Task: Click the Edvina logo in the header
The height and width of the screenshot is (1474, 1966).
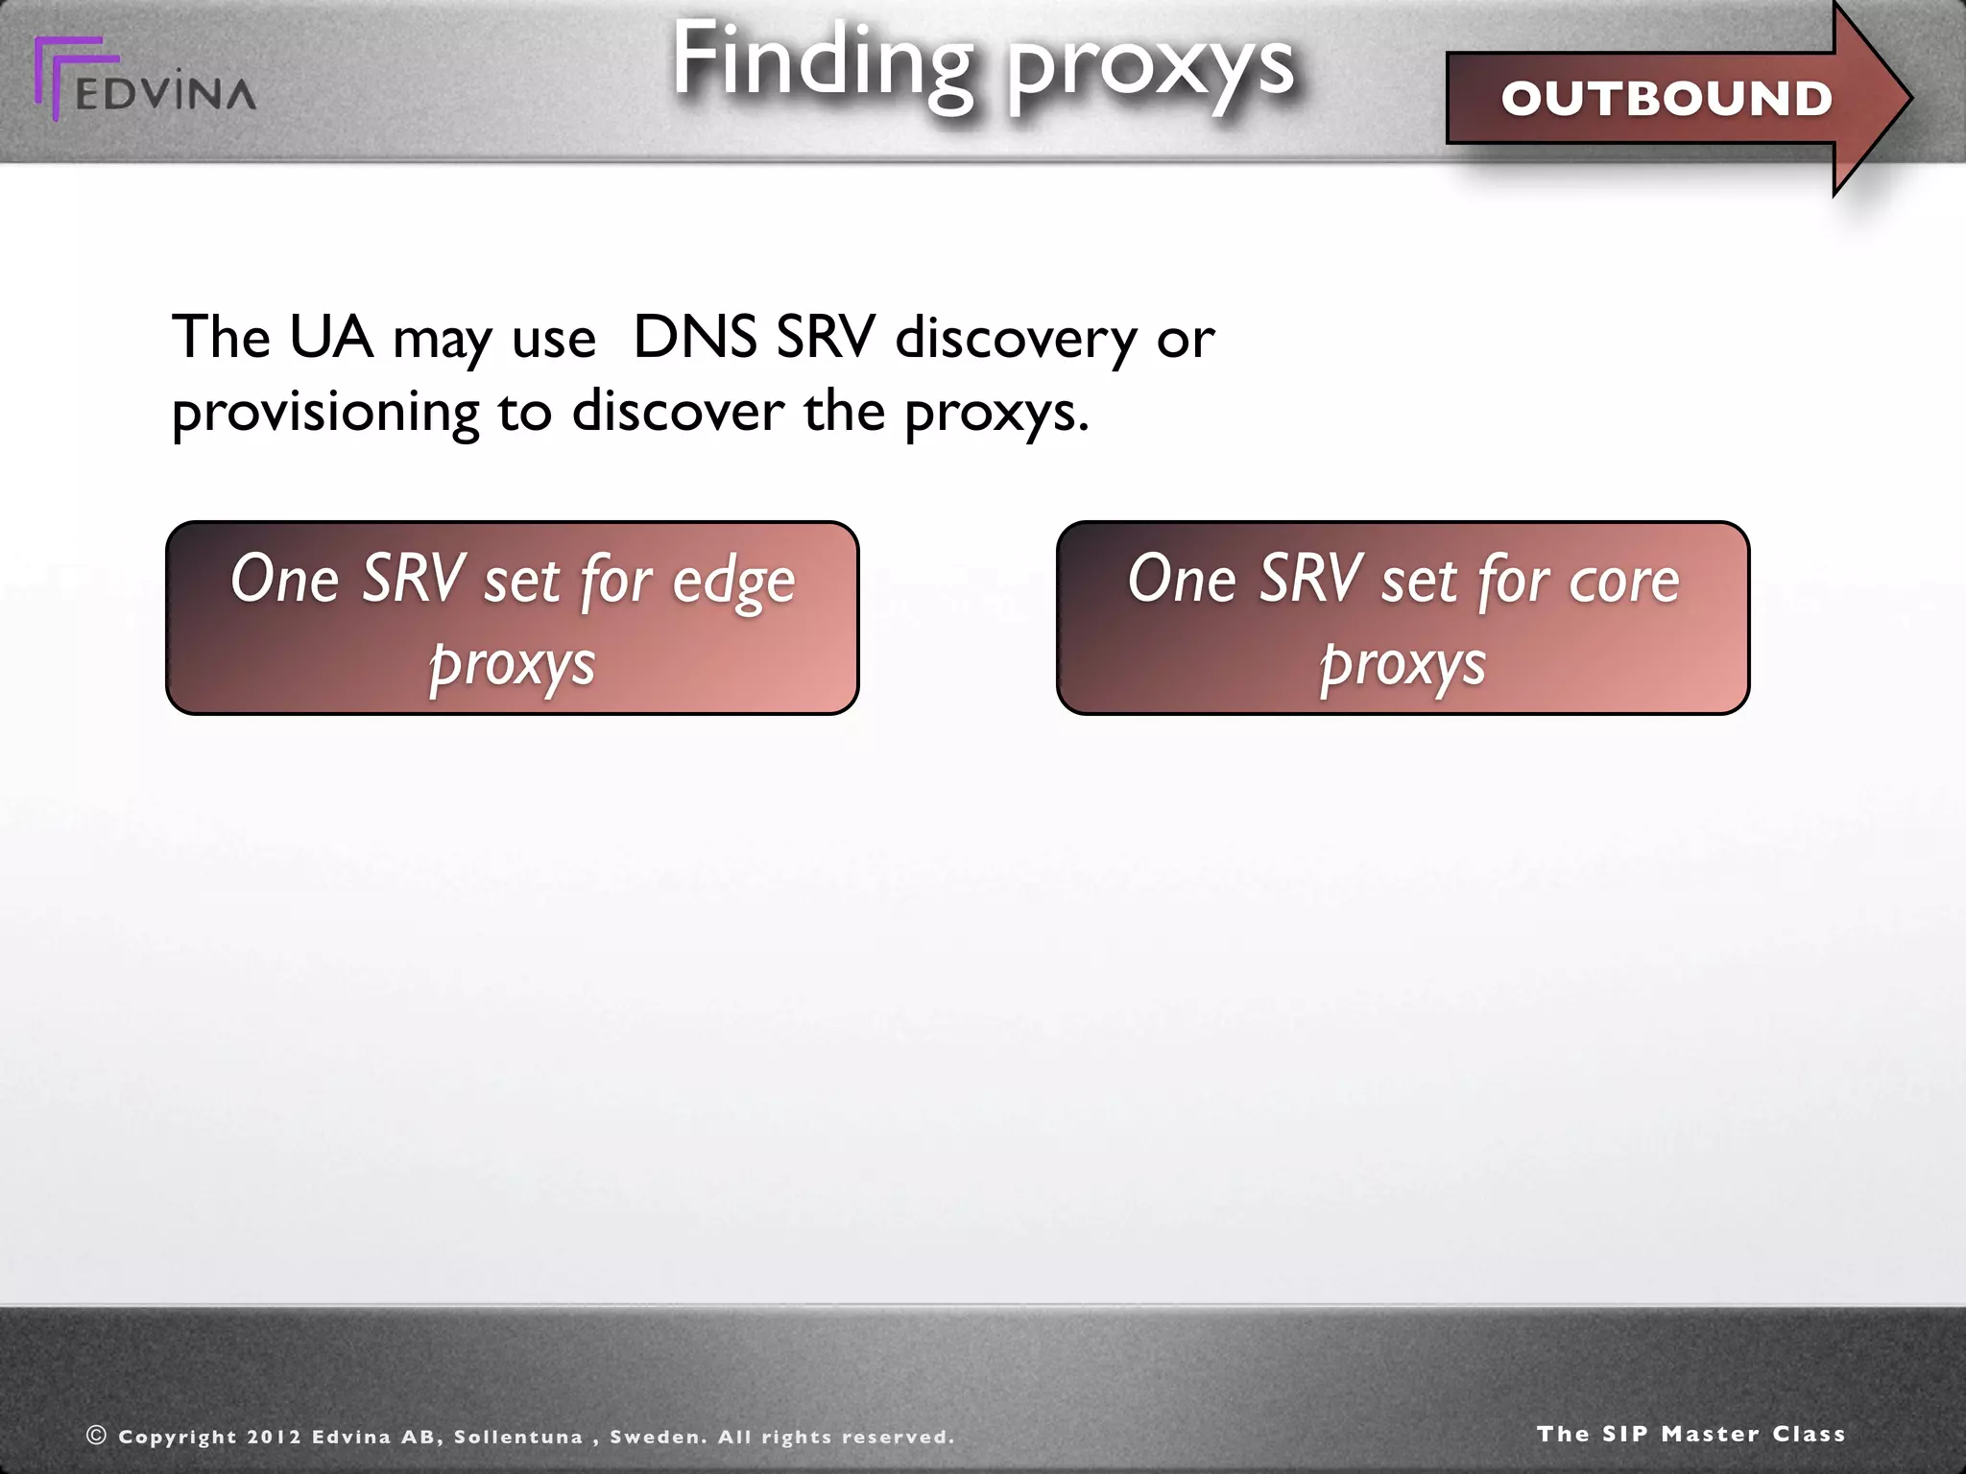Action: point(144,82)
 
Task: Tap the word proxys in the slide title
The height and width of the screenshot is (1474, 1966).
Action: point(1151,65)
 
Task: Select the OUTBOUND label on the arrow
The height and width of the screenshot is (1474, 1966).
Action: point(1666,99)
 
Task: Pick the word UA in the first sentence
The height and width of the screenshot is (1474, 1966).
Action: point(330,338)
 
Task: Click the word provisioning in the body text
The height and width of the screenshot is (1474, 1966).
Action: point(324,414)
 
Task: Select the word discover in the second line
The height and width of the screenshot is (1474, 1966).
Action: point(678,412)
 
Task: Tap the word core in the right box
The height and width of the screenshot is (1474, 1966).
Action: point(1623,582)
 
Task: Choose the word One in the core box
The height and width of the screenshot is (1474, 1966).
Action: point(1182,580)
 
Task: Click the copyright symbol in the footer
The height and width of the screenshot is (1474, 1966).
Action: point(96,1436)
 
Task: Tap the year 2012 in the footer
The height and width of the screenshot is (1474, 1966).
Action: point(273,1438)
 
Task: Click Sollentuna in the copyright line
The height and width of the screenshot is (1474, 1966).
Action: point(518,1438)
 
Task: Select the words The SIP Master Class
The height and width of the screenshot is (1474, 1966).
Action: point(1690,1434)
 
